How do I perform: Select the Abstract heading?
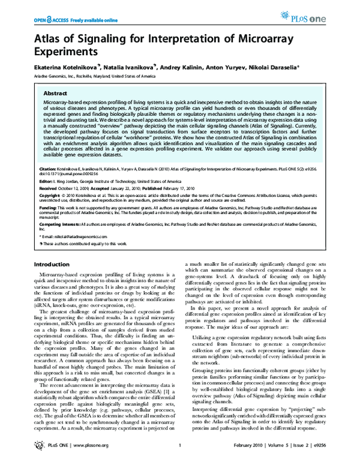point(56,94)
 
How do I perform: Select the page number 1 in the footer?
point(180,454)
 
